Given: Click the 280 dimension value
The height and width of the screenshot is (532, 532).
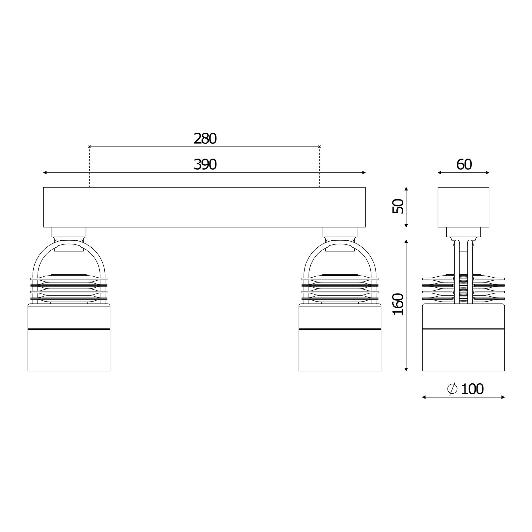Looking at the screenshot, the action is (205, 139).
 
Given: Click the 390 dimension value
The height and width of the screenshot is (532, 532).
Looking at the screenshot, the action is (205, 165).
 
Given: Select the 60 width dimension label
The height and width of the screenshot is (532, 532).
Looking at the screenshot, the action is (464, 165).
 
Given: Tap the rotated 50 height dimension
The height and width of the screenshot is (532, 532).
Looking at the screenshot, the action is (398, 206).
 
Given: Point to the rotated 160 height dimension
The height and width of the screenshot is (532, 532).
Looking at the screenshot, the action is (398, 304).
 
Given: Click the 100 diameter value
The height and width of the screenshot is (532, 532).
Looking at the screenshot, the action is (472, 389).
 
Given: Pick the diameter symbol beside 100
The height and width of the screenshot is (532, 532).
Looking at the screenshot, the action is (453, 389).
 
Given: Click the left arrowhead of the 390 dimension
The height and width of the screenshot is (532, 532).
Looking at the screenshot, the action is (45, 173).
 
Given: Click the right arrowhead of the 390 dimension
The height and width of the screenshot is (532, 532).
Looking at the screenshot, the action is (364, 173).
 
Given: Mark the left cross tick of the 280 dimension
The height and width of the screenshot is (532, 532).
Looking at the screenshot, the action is (89, 146).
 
